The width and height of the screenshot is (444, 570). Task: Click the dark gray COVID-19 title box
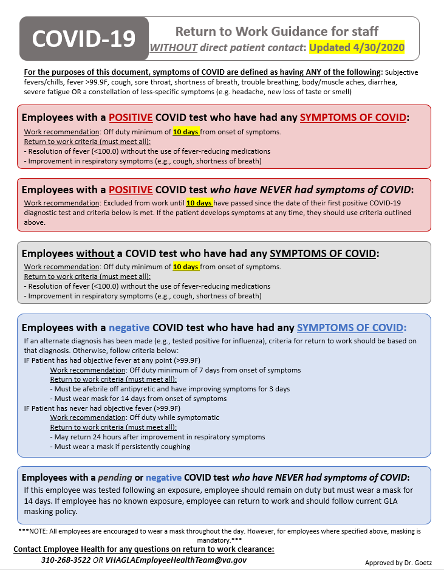[x=84, y=38]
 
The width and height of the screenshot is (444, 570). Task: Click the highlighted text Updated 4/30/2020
[x=357, y=47]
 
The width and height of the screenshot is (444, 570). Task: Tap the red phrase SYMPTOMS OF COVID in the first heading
[x=352, y=117]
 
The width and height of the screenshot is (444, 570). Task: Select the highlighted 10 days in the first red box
[x=186, y=131]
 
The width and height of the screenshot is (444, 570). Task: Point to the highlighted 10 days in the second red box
[x=199, y=202]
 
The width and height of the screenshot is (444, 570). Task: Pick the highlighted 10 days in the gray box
[x=186, y=266]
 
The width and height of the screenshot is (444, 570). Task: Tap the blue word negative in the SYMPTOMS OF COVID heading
[x=129, y=327]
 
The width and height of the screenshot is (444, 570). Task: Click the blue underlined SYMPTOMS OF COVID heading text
[x=352, y=327]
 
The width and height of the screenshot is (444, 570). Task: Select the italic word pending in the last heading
[x=115, y=478]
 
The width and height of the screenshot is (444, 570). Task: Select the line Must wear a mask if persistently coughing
[x=122, y=447]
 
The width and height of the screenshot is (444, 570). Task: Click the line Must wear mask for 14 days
[x=141, y=399]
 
